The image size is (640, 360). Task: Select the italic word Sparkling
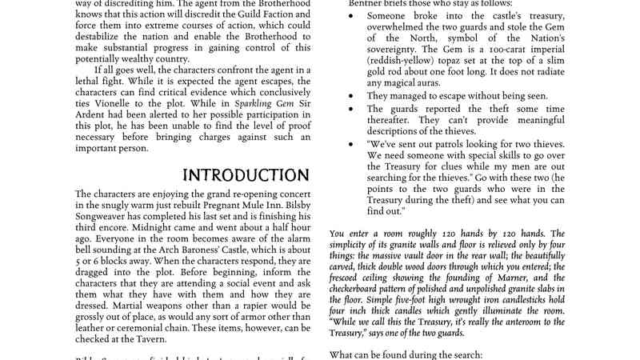pyautogui.click(x=226, y=104)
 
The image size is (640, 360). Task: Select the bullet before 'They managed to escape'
pyautogui.click(x=351, y=95)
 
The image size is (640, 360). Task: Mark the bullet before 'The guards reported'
pyautogui.click(x=351, y=109)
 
